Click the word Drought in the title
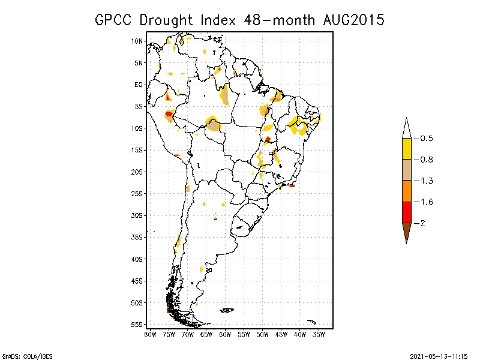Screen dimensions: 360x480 tap(165, 20)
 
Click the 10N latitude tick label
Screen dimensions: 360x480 tap(137, 41)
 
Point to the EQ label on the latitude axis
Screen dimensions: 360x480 tap(139, 85)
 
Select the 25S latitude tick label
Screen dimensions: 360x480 tap(137, 193)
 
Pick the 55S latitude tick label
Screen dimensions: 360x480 tap(137, 324)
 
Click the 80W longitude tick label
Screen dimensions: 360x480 tap(150, 334)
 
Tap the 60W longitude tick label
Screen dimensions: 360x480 tap(225, 334)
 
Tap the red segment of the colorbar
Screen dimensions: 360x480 tap(406, 212)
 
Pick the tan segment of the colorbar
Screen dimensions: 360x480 tap(406, 170)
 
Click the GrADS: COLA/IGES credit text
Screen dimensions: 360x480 tap(21, 355)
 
